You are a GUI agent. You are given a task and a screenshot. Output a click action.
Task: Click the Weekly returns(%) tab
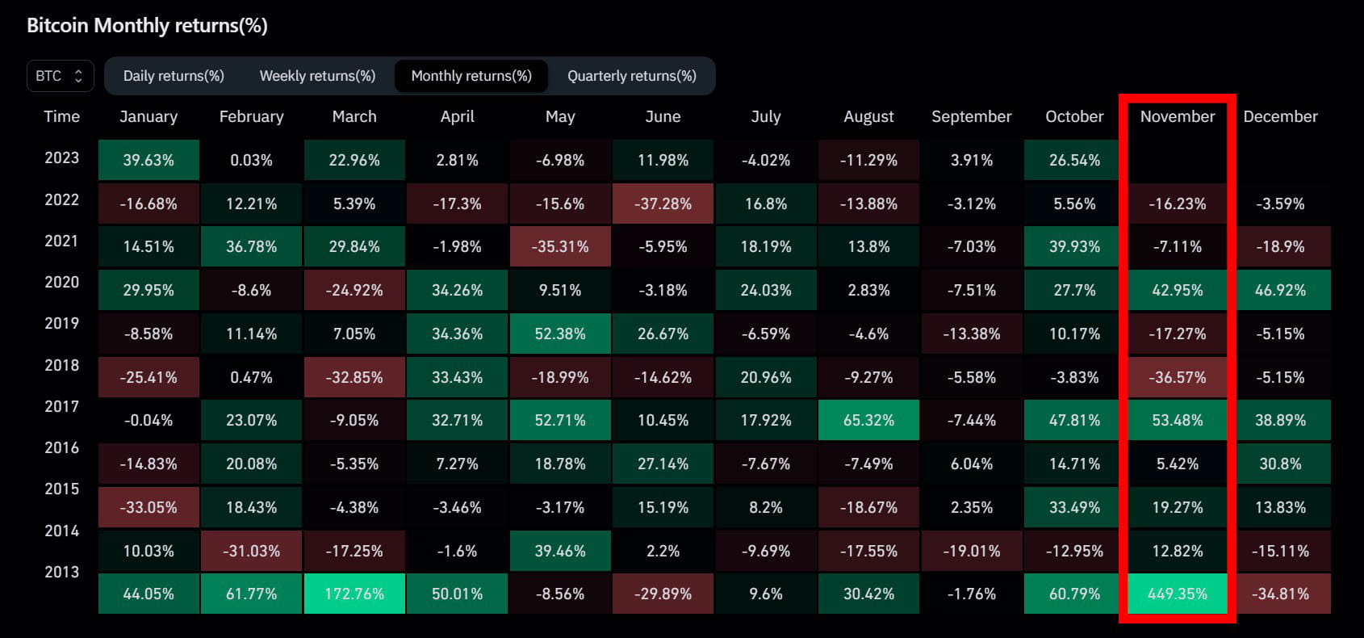(x=317, y=76)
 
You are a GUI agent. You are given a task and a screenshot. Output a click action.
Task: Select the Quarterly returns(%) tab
(x=631, y=76)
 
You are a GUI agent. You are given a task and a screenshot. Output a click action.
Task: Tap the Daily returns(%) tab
(x=174, y=76)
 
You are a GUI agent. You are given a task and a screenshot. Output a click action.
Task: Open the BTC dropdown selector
(x=60, y=76)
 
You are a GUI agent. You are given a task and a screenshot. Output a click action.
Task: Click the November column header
(x=1177, y=116)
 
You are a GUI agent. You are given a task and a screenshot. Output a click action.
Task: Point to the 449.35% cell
(x=1177, y=594)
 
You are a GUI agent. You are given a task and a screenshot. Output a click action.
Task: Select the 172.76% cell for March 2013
(x=354, y=594)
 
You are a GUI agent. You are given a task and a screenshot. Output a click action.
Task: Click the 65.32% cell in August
(x=868, y=420)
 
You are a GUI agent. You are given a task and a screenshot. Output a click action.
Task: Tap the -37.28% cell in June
(x=663, y=204)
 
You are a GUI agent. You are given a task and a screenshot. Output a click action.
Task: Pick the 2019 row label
(x=61, y=323)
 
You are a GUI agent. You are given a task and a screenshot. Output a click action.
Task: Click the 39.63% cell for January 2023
(x=149, y=160)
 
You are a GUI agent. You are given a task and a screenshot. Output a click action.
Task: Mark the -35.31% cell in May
(x=560, y=246)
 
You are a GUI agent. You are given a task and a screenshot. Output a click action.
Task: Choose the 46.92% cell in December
(x=1280, y=290)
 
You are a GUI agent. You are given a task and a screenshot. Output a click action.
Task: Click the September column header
(x=971, y=116)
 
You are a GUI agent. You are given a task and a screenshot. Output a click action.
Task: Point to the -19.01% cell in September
(x=971, y=551)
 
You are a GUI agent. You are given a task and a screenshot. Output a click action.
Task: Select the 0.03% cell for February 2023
(x=251, y=160)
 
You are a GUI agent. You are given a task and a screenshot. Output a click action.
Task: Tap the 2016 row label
(x=61, y=447)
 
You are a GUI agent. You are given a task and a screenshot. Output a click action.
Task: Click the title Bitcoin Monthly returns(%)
(x=147, y=26)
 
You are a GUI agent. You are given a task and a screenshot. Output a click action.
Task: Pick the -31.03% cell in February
(x=251, y=551)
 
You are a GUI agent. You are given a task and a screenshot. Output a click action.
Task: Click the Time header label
(x=61, y=116)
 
